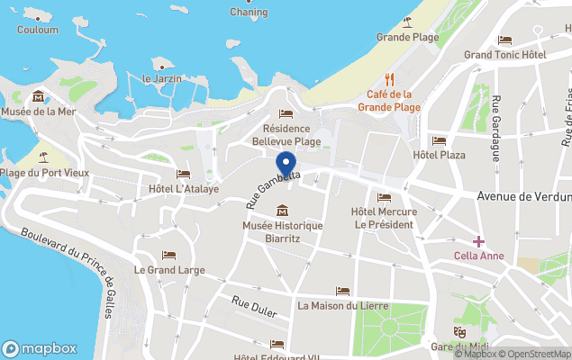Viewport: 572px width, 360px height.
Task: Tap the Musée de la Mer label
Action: click(x=39, y=112)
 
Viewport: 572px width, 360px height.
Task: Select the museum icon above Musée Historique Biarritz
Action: click(x=283, y=211)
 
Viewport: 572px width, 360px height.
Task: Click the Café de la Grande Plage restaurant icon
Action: click(x=390, y=79)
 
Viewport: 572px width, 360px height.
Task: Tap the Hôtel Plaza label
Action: click(x=440, y=155)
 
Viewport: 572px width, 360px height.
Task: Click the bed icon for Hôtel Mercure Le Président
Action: click(x=385, y=198)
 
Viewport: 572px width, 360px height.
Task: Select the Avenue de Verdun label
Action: click(x=523, y=196)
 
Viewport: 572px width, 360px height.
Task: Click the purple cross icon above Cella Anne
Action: click(x=478, y=241)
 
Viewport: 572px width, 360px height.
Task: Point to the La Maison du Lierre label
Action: click(x=343, y=305)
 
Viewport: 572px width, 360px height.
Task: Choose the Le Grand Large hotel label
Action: click(x=169, y=269)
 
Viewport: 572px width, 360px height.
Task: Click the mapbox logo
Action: click(x=39, y=348)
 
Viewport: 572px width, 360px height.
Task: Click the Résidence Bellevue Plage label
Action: click(x=286, y=135)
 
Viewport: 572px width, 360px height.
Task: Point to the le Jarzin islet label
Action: click(x=163, y=78)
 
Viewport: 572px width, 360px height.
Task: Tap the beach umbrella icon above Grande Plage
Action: click(x=407, y=22)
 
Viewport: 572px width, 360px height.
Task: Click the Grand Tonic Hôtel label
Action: click(x=505, y=55)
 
